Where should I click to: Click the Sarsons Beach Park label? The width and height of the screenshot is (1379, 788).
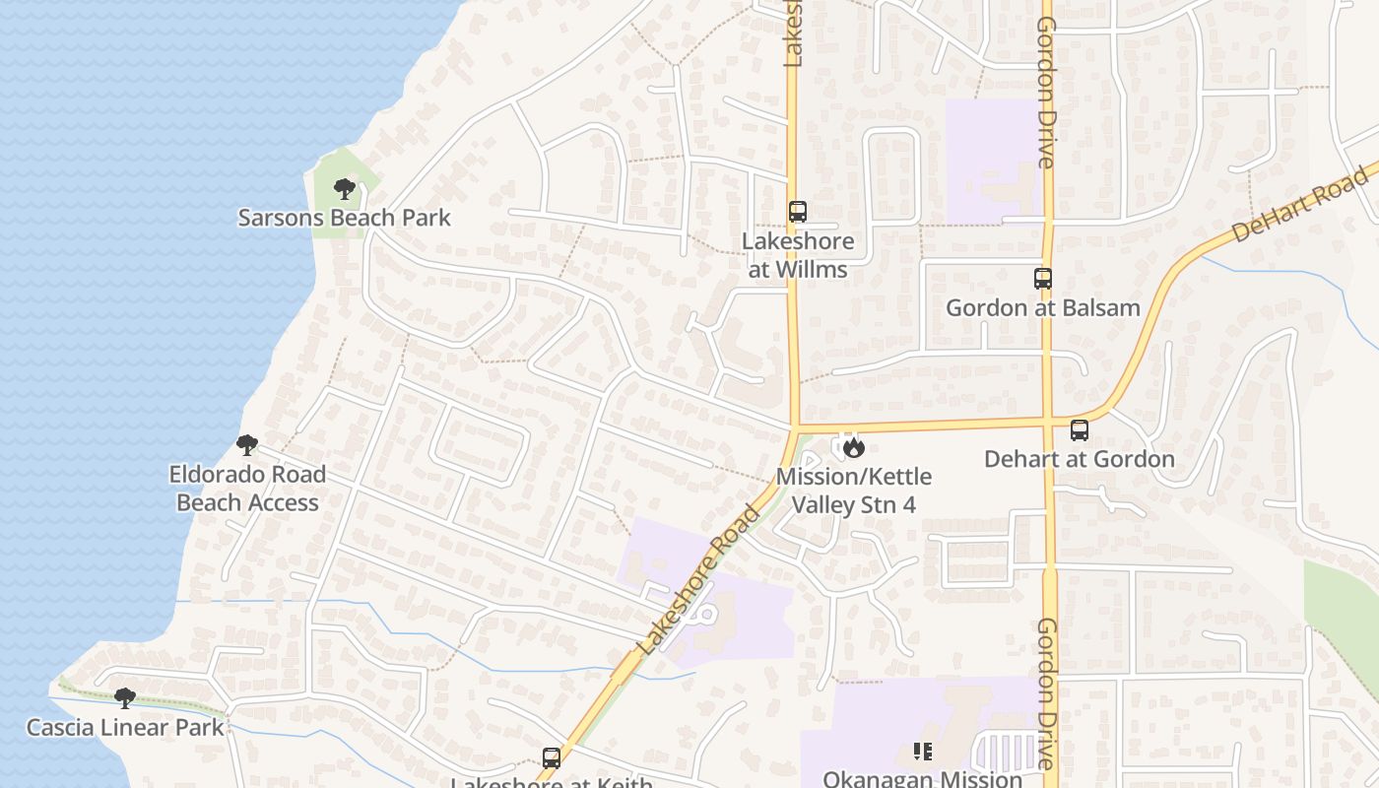(344, 218)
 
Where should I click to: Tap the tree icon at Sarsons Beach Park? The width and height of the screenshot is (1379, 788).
(344, 188)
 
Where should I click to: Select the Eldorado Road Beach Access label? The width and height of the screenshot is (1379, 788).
(247, 489)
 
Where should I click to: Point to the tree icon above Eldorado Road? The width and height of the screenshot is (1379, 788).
(247, 445)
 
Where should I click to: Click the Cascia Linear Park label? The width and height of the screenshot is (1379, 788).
(125, 728)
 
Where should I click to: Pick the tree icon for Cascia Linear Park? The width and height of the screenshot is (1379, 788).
(125, 698)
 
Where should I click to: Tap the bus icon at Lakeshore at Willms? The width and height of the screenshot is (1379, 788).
(798, 212)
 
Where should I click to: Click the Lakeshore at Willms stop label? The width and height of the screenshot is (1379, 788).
(798, 255)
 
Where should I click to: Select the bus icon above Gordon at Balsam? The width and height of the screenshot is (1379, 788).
(1043, 279)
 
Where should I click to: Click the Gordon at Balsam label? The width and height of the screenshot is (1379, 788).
(1043, 308)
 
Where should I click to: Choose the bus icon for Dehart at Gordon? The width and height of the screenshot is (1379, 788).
(1080, 430)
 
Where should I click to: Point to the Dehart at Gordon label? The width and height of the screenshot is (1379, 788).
(1080, 459)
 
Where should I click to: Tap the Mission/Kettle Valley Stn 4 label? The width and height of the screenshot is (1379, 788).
(854, 491)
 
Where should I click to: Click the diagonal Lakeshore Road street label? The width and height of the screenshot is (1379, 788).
(699, 581)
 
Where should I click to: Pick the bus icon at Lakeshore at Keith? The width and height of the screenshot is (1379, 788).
(552, 758)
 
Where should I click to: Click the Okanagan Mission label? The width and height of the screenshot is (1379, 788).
(923, 779)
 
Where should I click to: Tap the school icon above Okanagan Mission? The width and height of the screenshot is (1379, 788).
(923, 753)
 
